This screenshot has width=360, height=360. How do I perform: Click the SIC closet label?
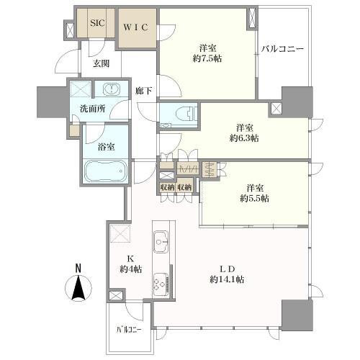point(97,23)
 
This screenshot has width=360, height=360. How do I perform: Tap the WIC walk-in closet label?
point(136,27)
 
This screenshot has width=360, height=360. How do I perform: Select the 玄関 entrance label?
point(102,63)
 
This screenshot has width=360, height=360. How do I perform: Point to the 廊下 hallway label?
point(143,91)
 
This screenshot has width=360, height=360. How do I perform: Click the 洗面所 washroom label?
point(92,109)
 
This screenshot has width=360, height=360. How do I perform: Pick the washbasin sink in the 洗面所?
point(112,89)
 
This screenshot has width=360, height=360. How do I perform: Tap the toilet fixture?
point(185,113)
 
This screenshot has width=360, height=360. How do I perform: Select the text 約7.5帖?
point(207,58)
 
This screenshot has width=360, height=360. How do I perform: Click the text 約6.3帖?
point(244,138)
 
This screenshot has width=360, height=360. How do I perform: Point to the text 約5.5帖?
point(254,198)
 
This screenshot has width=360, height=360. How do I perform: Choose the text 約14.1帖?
point(227,279)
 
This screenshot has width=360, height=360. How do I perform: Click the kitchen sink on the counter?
point(161,242)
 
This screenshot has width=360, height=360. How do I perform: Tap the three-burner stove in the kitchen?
point(161,284)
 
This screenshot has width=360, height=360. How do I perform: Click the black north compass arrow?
point(78,288)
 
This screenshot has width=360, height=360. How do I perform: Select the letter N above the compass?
point(78,268)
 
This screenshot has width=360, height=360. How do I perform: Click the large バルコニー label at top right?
point(283,49)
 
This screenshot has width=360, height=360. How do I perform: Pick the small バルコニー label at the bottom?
point(129,330)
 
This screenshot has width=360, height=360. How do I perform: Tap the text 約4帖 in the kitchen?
point(131,269)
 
